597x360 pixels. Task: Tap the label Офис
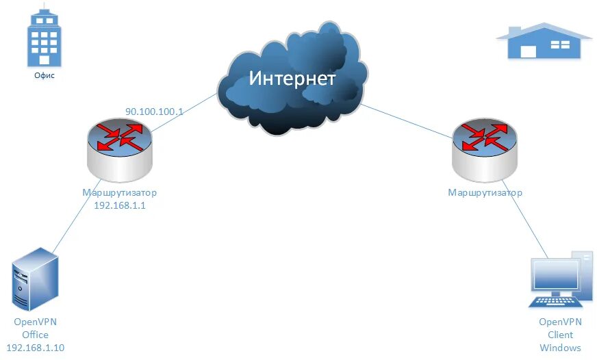click(44, 76)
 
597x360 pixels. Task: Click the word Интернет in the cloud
click(292, 78)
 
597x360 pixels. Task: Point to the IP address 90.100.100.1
click(154, 110)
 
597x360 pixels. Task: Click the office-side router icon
click(119, 147)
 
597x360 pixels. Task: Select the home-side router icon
click(485, 145)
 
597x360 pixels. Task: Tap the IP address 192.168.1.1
click(120, 205)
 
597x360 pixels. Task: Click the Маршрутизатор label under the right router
click(485, 192)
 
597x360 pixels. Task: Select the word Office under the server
click(35, 335)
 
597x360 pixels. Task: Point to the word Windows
click(560, 347)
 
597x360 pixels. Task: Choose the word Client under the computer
click(560, 335)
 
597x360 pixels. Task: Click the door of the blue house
click(528, 51)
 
